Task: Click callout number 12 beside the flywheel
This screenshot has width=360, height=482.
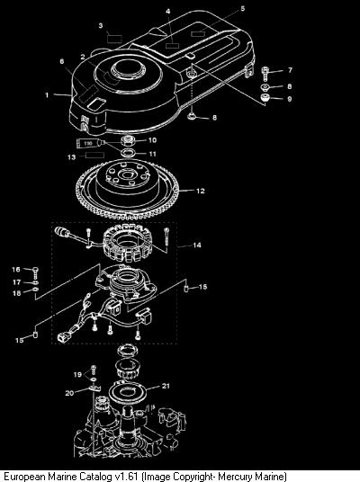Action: click(201, 191)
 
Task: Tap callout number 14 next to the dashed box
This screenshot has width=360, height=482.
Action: click(197, 245)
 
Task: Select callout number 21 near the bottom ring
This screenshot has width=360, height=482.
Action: click(166, 386)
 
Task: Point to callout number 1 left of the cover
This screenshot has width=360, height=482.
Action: click(47, 95)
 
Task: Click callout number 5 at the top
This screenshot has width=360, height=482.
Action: click(243, 9)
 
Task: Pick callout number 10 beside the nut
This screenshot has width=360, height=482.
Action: click(153, 140)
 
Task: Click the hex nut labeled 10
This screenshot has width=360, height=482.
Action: click(128, 141)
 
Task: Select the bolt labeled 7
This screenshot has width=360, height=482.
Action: click(265, 74)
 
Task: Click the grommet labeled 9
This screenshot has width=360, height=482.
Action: click(265, 99)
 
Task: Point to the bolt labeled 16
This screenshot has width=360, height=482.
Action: click(36, 272)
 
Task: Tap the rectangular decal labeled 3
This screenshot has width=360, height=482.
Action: click(114, 39)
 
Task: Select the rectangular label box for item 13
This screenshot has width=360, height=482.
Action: click(94, 156)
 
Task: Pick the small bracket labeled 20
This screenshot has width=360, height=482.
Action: click(94, 388)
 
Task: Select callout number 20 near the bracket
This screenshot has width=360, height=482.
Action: click(69, 393)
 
